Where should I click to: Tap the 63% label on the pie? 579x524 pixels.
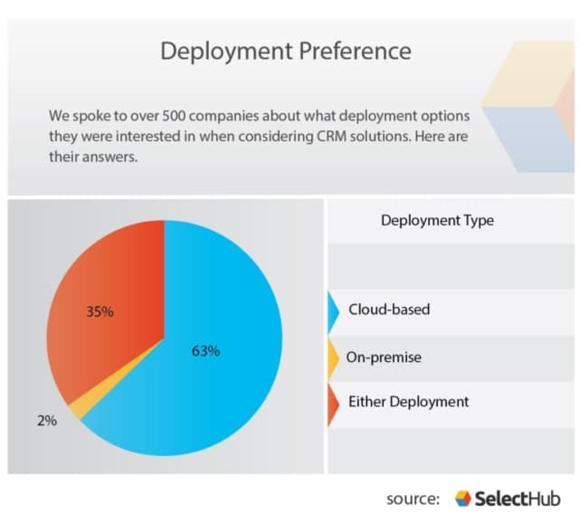[x=205, y=351]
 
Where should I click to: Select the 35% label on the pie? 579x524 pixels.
[x=100, y=312]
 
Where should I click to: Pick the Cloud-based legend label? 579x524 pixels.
[x=389, y=310]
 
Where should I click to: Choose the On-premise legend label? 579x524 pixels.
[x=384, y=357]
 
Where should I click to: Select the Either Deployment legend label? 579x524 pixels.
[x=409, y=402]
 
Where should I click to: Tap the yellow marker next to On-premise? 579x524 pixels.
[x=332, y=358]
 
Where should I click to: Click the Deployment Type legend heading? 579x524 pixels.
[x=437, y=221]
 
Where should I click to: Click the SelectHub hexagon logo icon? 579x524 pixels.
[x=462, y=499]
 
